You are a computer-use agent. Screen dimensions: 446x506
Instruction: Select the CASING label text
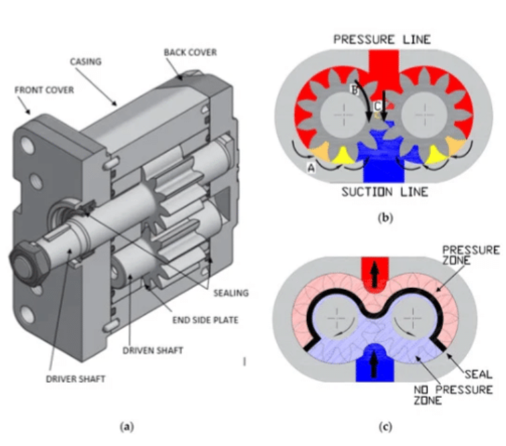(x=85, y=61)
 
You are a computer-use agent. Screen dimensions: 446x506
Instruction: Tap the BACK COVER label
(x=189, y=52)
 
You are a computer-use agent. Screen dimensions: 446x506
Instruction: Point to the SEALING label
(x=230, y=292)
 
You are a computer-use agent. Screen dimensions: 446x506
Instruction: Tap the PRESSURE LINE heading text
(x=382, y=40)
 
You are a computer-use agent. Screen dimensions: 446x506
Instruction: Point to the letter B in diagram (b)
(x=355, y=88)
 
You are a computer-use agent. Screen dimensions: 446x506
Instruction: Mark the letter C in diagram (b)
(x=377, y=105)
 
